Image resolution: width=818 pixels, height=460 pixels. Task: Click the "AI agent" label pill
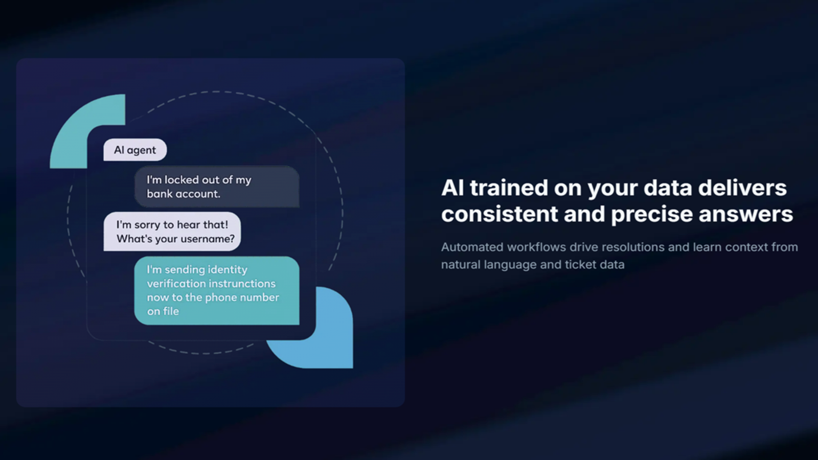click(135, 150)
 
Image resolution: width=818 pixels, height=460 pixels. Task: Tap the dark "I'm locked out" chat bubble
click(217, 187)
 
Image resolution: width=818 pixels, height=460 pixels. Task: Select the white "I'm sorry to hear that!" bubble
click(172, 232)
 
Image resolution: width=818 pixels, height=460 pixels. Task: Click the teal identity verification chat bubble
click(217, 291)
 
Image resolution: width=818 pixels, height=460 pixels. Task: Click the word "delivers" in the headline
click(742, 188)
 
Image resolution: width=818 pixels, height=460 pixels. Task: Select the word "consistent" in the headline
click(499, 214)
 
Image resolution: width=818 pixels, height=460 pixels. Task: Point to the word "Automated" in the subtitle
click(472, 247)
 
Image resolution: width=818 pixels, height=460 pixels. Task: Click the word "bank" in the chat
click(160, 194)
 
